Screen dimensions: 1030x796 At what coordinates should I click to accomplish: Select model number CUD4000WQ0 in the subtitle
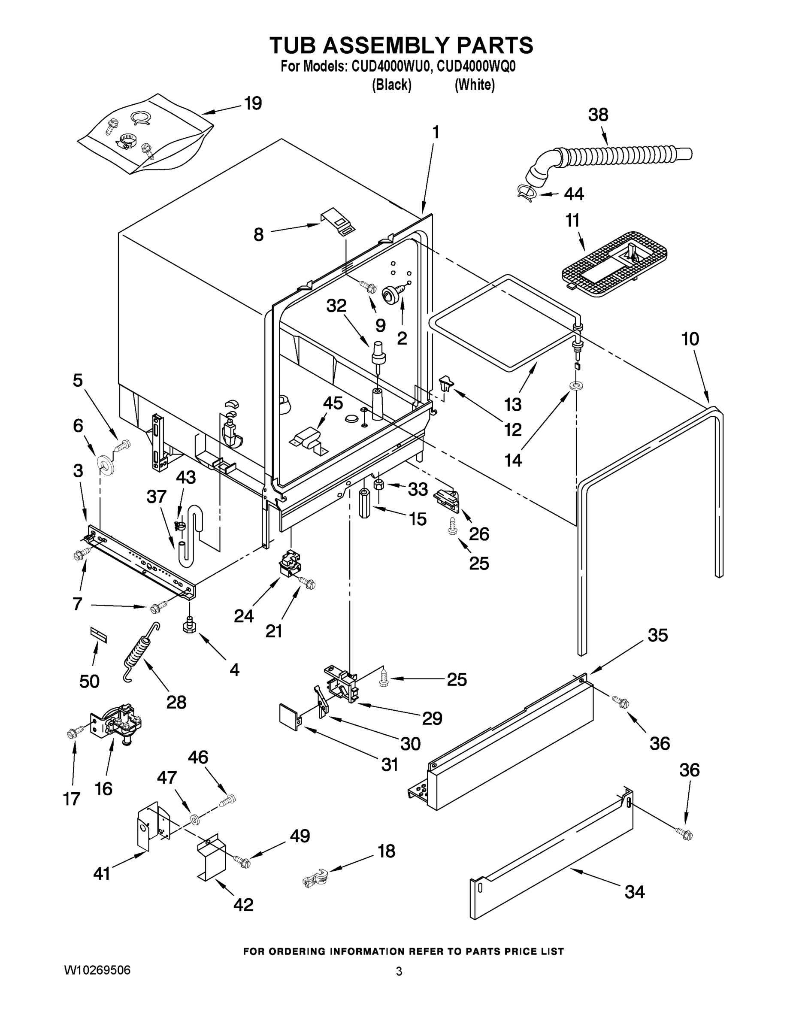(x=476, y=67)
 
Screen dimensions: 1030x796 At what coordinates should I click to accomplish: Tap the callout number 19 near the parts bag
(x=253, y=103)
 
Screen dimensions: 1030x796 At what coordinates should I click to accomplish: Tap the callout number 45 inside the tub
(x=333, y=403)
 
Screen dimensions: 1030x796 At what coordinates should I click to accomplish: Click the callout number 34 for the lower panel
(x=634, y=892)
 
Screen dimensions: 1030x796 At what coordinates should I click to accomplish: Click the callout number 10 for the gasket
(x=690, y=339)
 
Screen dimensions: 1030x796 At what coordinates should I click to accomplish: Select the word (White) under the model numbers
(x=475, y=85)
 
